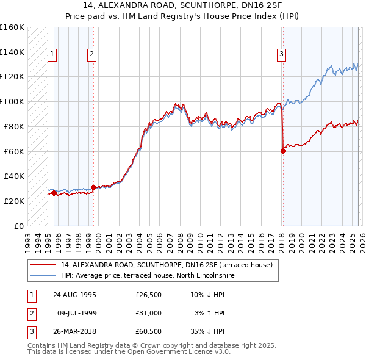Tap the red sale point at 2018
point(283,151)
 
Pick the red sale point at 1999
point(93,187)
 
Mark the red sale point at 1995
point(54,193)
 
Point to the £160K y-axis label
point(12,27)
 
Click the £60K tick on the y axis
point(14,151)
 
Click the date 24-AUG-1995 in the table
point(74,295)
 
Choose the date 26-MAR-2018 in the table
point(74,331)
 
